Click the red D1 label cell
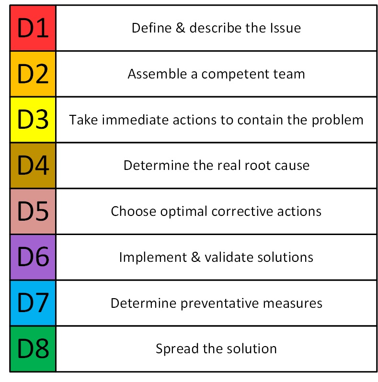coord(33,28)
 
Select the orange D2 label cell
coord(33,74)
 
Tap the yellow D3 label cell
coord(33,120)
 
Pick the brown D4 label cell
coord(33,166)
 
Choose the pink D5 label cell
coord(33,211)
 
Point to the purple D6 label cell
coord(33,257)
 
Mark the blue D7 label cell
coord(33,303)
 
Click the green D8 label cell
coord(33,349)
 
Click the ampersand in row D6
coord(196,257)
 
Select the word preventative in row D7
coord(220,304)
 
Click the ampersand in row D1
coord(181,28)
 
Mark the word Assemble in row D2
coord(157,74)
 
